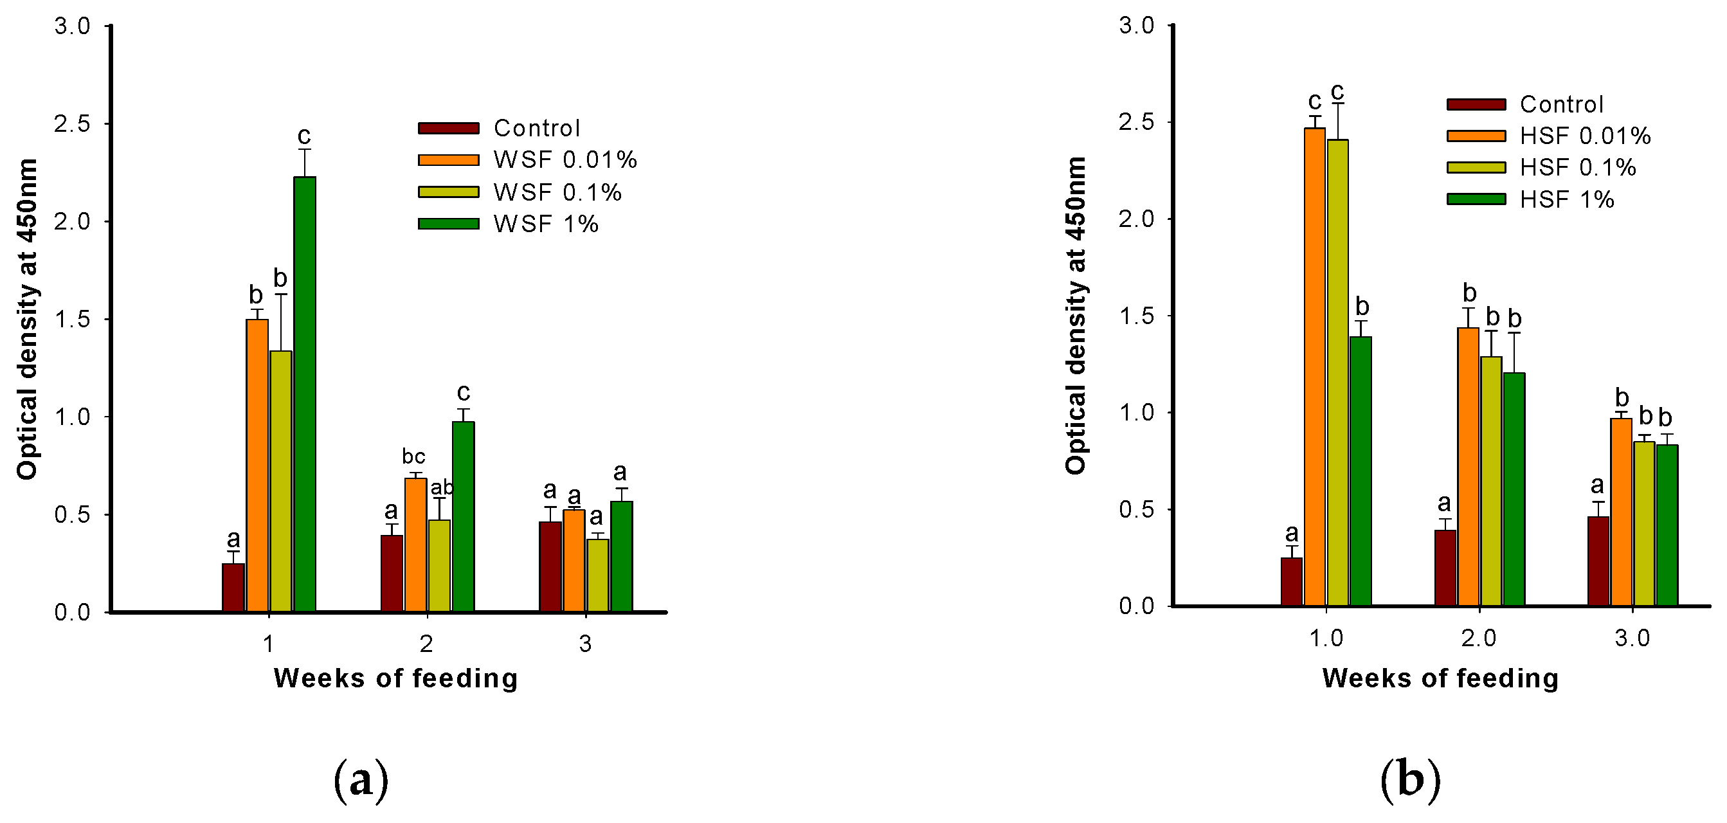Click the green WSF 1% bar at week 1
[x=305, y=395]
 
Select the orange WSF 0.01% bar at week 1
[x=257, y=466]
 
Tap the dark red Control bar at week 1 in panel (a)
[x=233, y=588]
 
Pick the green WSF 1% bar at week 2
[x=464, y=517]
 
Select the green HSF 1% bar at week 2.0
[x=1514, y=489]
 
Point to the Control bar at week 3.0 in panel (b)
[x=1598, y=561]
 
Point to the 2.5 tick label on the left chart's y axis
[x=72, y=124]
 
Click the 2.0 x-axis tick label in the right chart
[x=1478, y=638]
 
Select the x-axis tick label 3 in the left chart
[x=585, y=644]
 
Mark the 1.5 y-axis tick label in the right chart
[x=1135, y=316]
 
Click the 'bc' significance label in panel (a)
[x=413, y=457]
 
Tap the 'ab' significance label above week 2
[x=442, y=487]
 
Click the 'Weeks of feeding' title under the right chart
[x=1440, y=678]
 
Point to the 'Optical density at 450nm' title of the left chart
[x=27, y=319]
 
